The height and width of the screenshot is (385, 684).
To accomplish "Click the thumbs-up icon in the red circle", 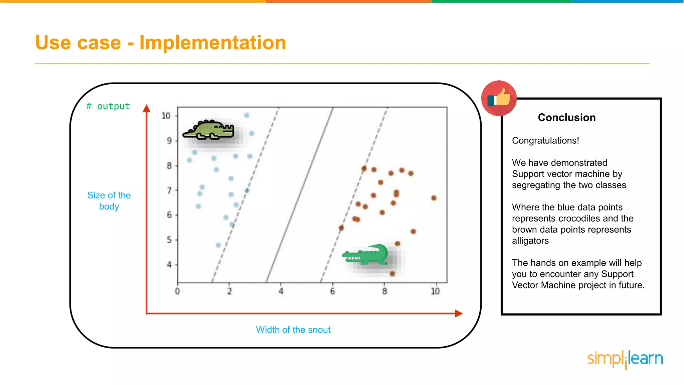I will [499, 98].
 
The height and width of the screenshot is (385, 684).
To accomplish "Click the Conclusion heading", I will [566, 118].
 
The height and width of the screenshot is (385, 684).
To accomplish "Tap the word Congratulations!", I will [545, 141].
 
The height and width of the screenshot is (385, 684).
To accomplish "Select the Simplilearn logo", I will [625, 359].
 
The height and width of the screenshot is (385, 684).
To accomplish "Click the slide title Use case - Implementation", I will [160, 43].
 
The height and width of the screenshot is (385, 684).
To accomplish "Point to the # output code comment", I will [108, 106].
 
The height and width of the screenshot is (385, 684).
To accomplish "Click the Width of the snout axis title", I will [293, 330].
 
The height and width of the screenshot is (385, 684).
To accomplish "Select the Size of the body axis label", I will [109, 201].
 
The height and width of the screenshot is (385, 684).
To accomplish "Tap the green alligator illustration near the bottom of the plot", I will [366, 255].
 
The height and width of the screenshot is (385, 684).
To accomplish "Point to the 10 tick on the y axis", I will [166, 116].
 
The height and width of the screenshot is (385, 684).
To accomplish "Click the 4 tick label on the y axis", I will [169, 265].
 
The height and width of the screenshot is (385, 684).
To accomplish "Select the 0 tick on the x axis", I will [177, 291].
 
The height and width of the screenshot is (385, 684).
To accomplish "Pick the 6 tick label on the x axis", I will [332, 291].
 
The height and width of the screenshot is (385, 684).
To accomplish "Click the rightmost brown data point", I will [434, 198].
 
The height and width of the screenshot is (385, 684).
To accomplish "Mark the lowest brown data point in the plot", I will [392, 274].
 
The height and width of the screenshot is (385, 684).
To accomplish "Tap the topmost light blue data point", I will [246, 115].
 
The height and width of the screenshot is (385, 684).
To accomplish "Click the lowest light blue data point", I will [218, 245].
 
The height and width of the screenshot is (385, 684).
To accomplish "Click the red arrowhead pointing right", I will [459, 313].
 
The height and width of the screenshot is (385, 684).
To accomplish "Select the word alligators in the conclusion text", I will [530, 241].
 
